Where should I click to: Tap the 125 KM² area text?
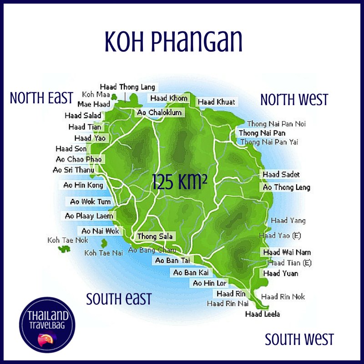[x=177, y=182]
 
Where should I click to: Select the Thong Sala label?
[x=154, y=236]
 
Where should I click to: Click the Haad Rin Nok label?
[x=283, y=297]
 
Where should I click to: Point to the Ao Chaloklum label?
[x=159, y=112]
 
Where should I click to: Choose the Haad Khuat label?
[x=217, y=102]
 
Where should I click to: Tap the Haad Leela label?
[x=262, y=314]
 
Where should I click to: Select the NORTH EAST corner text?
[x=41, y=98]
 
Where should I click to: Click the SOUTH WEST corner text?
[x=299, y=339]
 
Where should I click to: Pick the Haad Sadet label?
[x=281, y=175]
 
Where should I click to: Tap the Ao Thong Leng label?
[x=286, y=187]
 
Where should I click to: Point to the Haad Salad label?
[x=83, y=116]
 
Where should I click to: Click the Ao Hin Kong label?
[x=83, y=185]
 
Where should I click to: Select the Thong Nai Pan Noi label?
[x=276, y=124]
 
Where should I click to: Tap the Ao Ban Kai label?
[x=191, y=273]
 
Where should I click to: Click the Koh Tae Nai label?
[x=103, y=253]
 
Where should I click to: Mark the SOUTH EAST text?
[x=119, y=299]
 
